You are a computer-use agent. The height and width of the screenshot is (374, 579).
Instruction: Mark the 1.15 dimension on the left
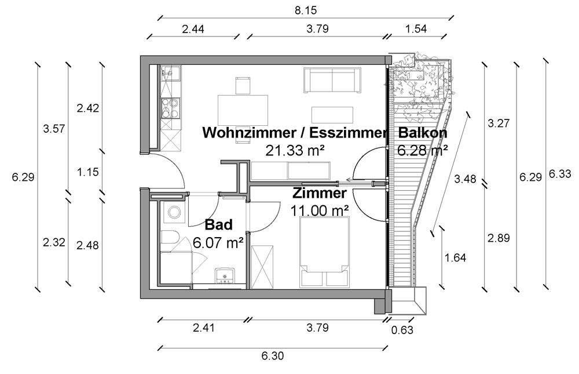tap(87, 172)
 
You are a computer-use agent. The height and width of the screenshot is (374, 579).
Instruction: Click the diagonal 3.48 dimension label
tap(466, 179)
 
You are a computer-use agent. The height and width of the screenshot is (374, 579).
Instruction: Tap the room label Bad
tap(219, 224)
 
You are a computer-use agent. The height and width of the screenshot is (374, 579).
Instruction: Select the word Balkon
tap(423, 133)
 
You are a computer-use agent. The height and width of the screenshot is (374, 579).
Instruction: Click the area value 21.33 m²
tap(295, 151)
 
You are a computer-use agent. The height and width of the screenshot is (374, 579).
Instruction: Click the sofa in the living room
tap(332, 79)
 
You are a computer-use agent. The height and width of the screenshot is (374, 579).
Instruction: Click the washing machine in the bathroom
tap(173, 213)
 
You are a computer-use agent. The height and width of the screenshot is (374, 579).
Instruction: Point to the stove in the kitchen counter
tap(170, 108)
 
